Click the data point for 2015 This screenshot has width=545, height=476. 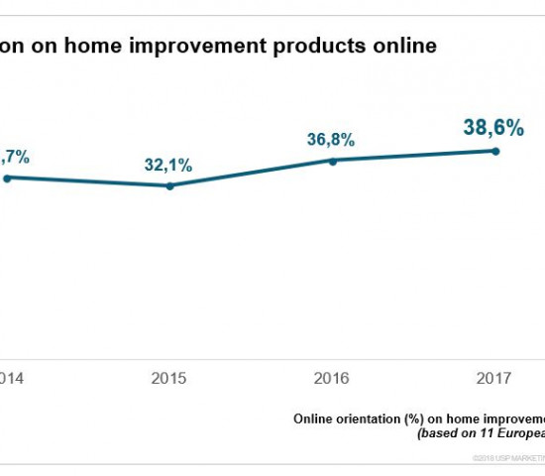170,185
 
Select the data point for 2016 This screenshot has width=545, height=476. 333,160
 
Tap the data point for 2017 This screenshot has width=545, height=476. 494,151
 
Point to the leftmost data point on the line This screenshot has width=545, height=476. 6,178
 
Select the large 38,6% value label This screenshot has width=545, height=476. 493,127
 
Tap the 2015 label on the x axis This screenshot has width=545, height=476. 169,378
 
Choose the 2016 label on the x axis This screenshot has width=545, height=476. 332,378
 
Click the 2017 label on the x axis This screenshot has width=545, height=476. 494,378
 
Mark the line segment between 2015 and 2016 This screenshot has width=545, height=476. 252,173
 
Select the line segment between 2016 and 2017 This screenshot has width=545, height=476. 414,156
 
